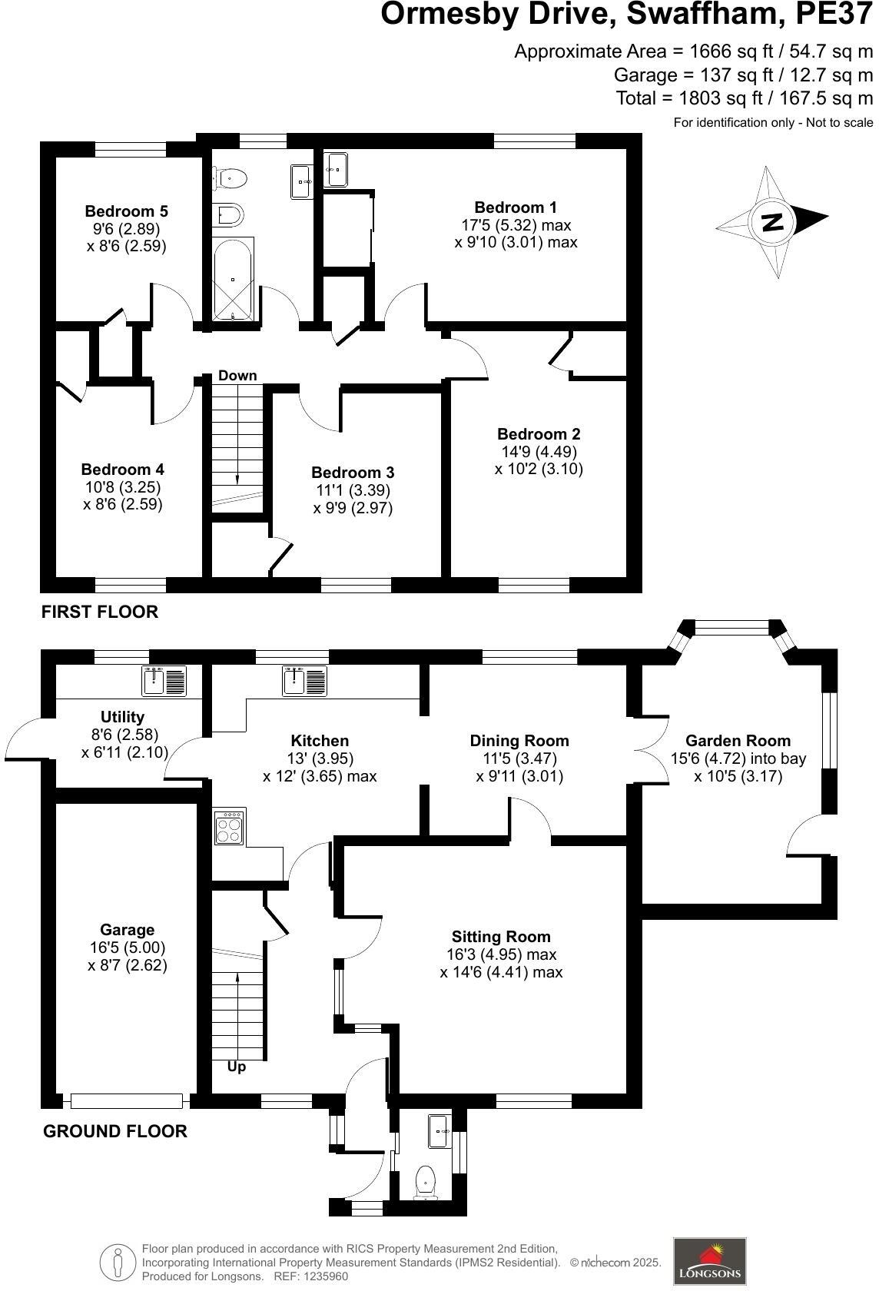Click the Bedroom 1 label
(516, 207)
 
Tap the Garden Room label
(737, 741)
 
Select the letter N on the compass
(771, 221)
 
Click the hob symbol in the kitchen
(229, 828)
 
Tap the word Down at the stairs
(237, 375)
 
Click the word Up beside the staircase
(237, 1067)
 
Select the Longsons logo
(710, 1260)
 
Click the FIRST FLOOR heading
(100, 612)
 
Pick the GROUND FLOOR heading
(115, 1131)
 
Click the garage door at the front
(127, 1101)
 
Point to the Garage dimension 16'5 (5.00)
(127, 948)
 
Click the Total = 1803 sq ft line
(744, 98)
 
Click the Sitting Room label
(501, 937)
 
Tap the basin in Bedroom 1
(337, 169)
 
